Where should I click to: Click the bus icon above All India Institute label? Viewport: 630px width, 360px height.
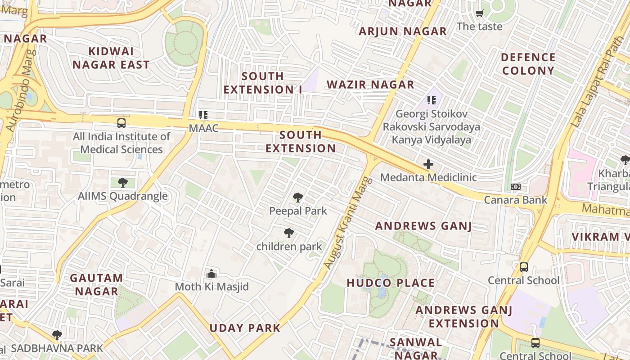click(x=121, y=123)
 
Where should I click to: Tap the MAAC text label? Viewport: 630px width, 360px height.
click(x=203, y=128)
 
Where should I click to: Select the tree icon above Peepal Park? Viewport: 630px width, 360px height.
click(x=297, y=197)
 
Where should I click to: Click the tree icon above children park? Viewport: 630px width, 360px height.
click(x=289, y=233)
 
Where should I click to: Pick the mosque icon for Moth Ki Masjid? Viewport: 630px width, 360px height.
click(x=211, y=273)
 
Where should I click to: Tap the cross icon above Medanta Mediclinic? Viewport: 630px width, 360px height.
click(x=428, y=164)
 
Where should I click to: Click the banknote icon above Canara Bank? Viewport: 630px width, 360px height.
click(x=516, y=187)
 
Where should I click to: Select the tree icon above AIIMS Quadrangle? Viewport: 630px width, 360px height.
click(x=122, y=182)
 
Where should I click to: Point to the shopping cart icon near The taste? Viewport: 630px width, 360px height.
click(x=479, y=13)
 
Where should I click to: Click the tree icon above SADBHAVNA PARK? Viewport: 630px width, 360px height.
click(x=57, y=335)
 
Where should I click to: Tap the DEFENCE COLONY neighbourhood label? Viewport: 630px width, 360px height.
click(x=528, y=64)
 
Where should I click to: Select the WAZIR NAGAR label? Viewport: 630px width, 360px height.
click(x=370, y=85)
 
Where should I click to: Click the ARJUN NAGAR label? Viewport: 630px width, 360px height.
click(x=403, y=31)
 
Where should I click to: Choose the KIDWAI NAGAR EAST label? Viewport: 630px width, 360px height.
click(x=111, y=58)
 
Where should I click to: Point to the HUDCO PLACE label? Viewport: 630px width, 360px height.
click(x=391, y=283)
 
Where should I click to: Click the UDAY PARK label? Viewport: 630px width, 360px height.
click(x=245, y=328)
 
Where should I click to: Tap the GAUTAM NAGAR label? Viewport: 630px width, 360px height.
click(x=96, y=284)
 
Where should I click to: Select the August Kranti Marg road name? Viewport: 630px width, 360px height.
click(x=349, y=224)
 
